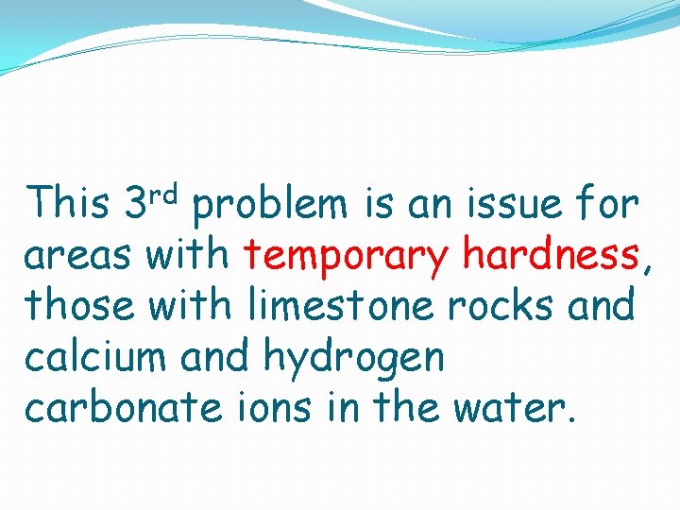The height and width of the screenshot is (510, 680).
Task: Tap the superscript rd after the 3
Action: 164,195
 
